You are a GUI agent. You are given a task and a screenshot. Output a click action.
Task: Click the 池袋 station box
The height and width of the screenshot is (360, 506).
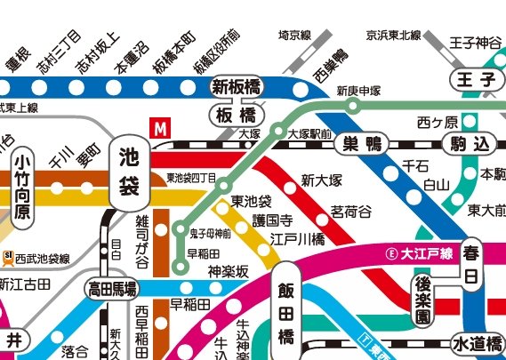point(127,171)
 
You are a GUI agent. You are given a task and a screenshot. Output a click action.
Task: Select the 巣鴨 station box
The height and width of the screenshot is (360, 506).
point(361,142)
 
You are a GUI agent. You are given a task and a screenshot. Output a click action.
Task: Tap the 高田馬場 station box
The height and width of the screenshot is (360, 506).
point(112,288)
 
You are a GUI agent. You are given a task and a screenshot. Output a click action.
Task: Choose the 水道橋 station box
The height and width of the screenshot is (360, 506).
point(477,343)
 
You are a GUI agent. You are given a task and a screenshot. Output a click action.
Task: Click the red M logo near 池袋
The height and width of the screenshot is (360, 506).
point(161,128)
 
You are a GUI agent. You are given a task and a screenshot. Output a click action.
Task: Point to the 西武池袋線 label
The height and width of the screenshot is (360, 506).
point(37,259)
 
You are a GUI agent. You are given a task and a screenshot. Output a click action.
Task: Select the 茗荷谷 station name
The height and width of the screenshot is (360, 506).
point(350,211)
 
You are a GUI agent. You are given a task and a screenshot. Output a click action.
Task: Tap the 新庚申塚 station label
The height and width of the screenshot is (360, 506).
point(358,91)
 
